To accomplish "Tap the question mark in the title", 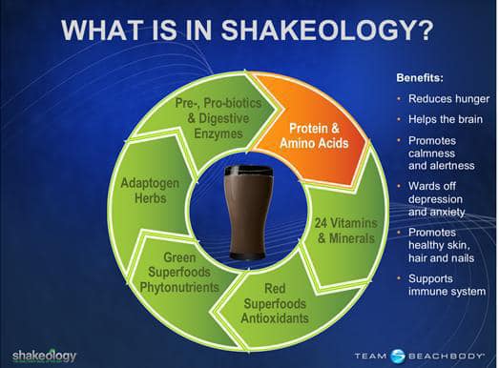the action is (x=426, y=30).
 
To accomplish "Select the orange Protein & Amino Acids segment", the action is (x=314, y=133).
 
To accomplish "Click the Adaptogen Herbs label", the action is (x=150, y=191).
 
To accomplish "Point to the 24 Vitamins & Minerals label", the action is (x=346, y=231).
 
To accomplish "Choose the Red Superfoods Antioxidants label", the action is (x=275, y=303).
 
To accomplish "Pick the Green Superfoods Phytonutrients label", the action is (x=179, y=273).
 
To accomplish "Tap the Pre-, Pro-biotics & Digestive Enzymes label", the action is (x=218, y=118).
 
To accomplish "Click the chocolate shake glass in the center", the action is (x=248, y=213).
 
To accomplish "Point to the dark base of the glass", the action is (x=248, y=256).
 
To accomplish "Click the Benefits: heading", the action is (x=420, y=77).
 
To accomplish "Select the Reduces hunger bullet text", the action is (x=448, y=99).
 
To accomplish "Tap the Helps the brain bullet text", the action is (x=446, y=119).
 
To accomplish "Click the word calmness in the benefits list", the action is (x=431, y=153).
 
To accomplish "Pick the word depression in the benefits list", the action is (x=435, y=199).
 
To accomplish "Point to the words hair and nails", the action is (x=442, y=258).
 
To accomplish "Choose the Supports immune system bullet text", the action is (x=447, y=285).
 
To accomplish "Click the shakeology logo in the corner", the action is (x=45, y=357).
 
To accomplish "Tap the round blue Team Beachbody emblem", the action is (x=398, y=356).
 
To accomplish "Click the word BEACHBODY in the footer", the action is (x=446, y=356).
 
